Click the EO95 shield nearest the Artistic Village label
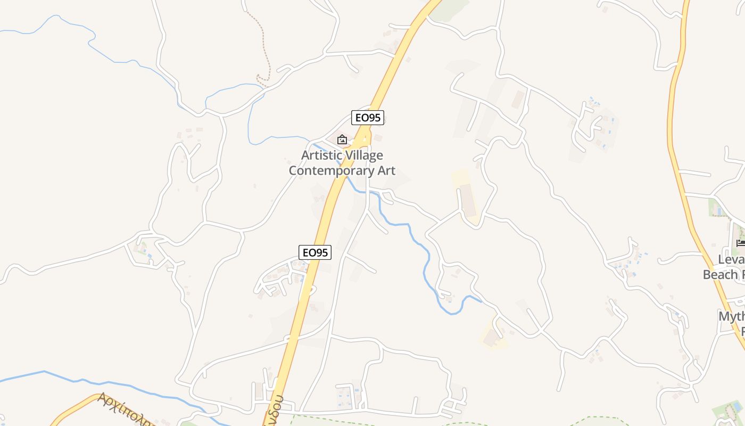click(367, 118)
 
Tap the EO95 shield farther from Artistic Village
click(315, 252)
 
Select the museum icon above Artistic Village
click(342, 140)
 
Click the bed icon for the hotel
click(740, 243)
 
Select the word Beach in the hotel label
click(721, 275)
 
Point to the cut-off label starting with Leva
click(731, 260)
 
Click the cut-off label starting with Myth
click(731, 317)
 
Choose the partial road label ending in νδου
click(275, 413)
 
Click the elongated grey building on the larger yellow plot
click(468, 200)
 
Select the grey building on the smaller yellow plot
click(491, 337)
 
